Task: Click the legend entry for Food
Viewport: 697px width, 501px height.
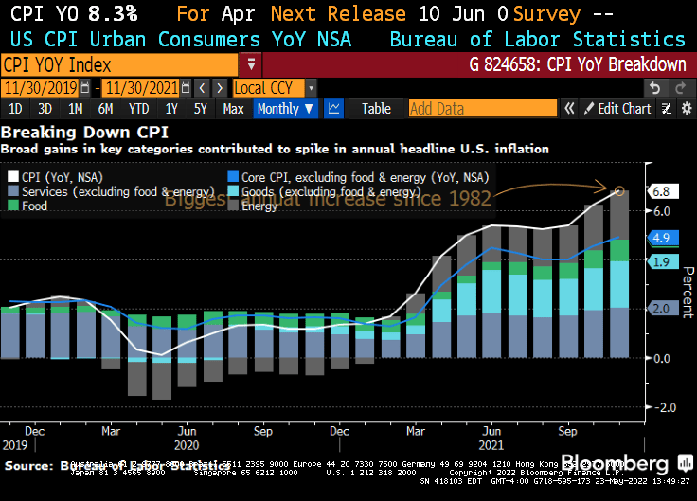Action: pyautogui.click(x=34, y=206)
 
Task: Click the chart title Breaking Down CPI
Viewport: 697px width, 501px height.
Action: pyautogui.click(x=64, y=134)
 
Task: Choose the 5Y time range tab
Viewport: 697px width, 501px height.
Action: pyautogui.click(x=200, y=109)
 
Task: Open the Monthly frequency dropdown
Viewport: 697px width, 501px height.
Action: pyautogui.click(x=285, y=109)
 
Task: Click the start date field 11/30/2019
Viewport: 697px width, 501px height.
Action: pyautogui.click(x=40, y=88)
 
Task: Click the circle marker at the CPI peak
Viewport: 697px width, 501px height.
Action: pyautogui.click(x=620, y=191)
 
